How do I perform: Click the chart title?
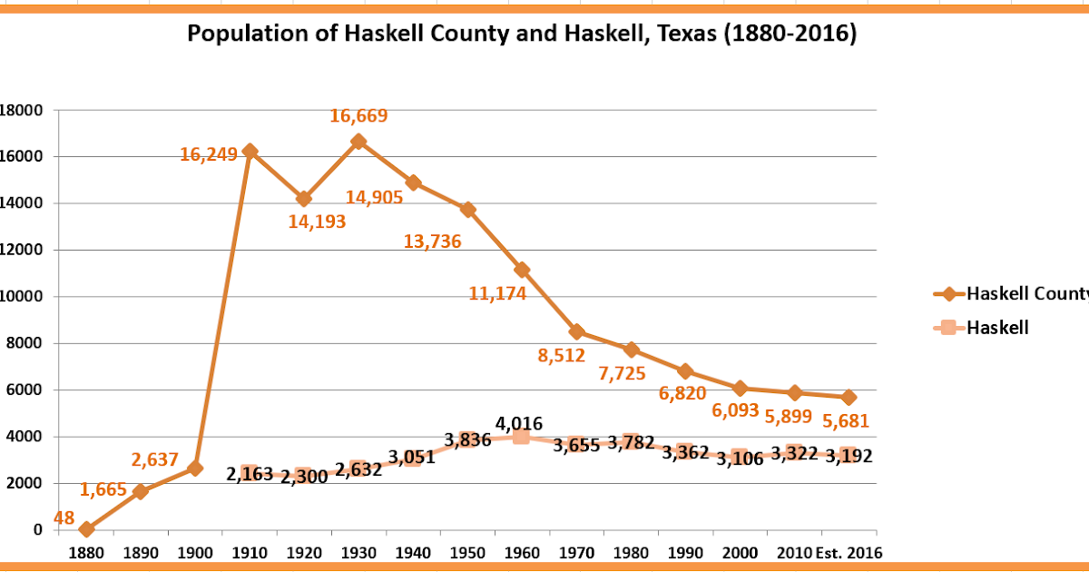[x=522, y=35]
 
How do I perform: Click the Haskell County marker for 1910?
[x=250, y=151]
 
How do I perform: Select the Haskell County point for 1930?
[x=358, y=141]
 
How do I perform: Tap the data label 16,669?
[x=358, y=116]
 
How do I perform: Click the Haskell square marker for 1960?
[x=521, y=437]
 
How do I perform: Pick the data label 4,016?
[x=519, y=423]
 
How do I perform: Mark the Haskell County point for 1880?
[x=86, y=528]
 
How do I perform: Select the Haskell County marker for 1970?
[x=576, y=331]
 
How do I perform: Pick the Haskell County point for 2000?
[x=741, y=388]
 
